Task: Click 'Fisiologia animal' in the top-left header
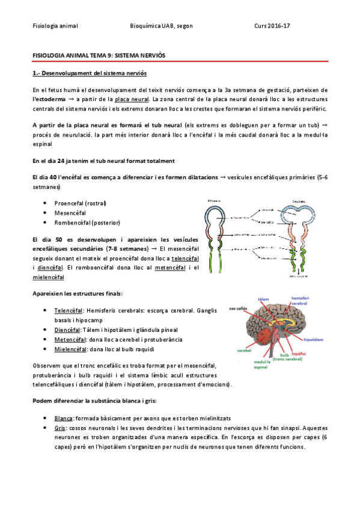point(55,26)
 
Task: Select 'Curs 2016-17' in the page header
point(272,26)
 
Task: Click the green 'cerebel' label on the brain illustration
point(244,349)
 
